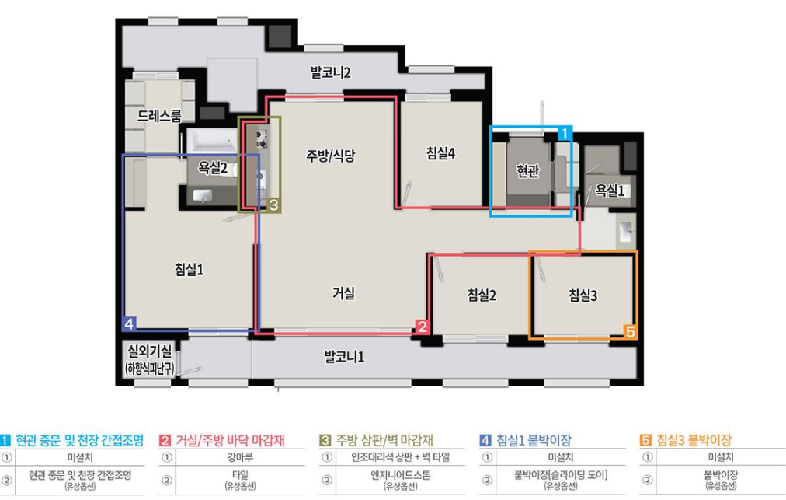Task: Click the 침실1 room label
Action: tap(189, 270)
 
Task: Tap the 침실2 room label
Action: tap(482, 295)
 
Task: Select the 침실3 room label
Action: tap(583, 295)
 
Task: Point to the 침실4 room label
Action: tap(440, 153)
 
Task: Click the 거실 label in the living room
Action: tap(344, 293)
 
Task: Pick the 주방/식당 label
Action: tap(330, 156)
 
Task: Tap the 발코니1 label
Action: tap(344, 358)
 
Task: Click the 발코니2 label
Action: tap(330, 73)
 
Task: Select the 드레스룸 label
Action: tap(159, 116)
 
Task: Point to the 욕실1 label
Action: tap(610, 191)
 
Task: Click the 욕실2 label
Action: tap(213, 168)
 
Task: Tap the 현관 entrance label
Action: tap(528, 171)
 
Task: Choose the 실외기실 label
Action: tap(149, 351)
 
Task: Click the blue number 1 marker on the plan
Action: tap(565, 134)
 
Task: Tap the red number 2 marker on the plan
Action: tap(422, 327)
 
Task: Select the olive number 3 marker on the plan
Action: tap(273, 205)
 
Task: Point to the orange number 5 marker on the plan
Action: tap(630, 331)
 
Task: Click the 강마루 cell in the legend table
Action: tap(240, 457)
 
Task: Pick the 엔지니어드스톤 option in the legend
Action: tap(401, 474)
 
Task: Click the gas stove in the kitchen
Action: tap(262, 138)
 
